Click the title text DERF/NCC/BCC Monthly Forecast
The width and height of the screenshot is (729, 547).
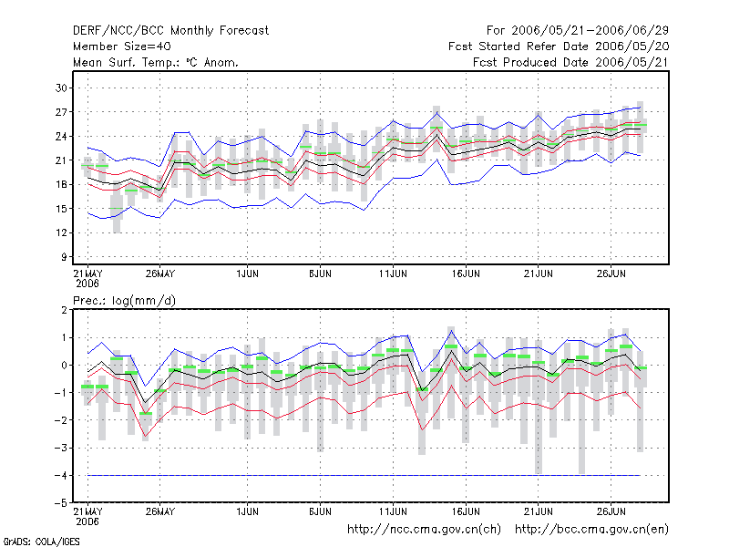pyautogui.click(x=170, y=31)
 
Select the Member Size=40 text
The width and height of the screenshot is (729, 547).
pyautogui.click(x=122, y=46)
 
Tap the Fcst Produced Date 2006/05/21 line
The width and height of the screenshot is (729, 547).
pyautogui.click(x=570, y=62)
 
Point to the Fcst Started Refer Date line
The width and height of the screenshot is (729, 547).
pyautogui.click(x=559, y=46)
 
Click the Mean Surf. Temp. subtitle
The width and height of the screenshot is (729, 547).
pyautogui.click(x=155, y=62)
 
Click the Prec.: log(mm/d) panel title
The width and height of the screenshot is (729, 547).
pyautogui.click(x=124, y=301)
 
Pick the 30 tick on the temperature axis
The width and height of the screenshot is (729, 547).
pyautogui.click(x=61, y=88)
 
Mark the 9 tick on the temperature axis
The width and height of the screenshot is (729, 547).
pyautogui.click(x=64, y=257)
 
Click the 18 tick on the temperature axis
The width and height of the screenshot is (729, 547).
pyautogui.click(x=61, y=184)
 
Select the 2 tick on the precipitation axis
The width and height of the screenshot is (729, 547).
pyautogui.click(x=64, y=310)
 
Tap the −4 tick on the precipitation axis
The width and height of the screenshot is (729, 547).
pyautogui.click(x=60, y=475)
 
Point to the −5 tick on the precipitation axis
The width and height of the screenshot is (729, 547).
pyautogui.click(x=60, y=503)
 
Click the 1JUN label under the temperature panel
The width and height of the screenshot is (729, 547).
pyautogui.click(x=247, y=273)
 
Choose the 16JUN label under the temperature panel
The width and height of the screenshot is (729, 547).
pyautogui.click(x=466, y=273)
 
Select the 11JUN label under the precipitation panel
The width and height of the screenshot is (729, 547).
pyautogui.click(x=393, y=511)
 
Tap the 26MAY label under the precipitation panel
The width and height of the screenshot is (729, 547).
pyautogui.click(x=160, y=511)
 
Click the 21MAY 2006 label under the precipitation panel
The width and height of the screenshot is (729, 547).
pyautogui.click(x=87, y=516)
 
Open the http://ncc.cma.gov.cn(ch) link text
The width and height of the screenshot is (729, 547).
pyautogui.click(x=425, y=530)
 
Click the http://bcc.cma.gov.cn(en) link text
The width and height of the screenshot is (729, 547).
pyautogui.click(x=591, y=530)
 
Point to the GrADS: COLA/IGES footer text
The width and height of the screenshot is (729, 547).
pyautogui.click(x=41, y=542)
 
